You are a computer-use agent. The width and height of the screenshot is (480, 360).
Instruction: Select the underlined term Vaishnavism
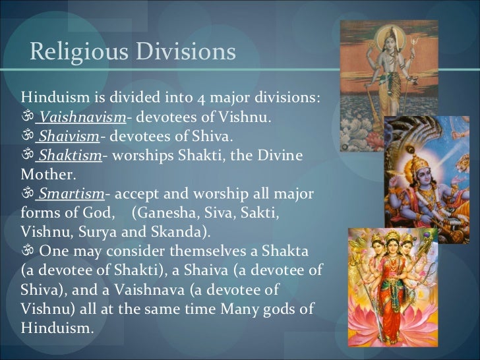pyautogui.click(x=82, y=119)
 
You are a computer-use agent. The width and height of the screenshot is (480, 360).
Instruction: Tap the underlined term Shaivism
pyautogui.click(x=69, y=137)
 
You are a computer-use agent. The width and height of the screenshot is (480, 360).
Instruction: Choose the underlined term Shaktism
pyautogui.click(x=69, y=156)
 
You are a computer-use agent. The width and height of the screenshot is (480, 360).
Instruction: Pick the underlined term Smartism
pyautogui.click(x=71, y=196)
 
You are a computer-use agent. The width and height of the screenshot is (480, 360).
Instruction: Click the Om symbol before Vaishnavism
pyautogui.click(x=27, y=119)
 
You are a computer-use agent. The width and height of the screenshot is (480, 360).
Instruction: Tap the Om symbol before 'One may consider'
pyautogui.click(x=27, y=253)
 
